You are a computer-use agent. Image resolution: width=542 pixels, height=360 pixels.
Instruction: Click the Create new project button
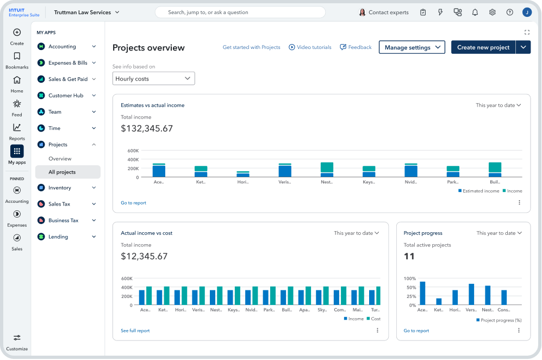tap(483, 47)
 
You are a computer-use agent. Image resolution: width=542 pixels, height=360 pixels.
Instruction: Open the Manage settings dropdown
tap(412, 47)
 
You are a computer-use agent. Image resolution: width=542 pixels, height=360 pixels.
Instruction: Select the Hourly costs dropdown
tap(153, 79)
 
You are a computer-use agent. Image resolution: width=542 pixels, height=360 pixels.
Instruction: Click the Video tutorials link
tap(310, 47)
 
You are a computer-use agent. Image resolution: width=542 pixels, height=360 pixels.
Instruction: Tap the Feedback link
tap(356, 47)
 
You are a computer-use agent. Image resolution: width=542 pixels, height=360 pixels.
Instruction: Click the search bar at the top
tap(240, 12)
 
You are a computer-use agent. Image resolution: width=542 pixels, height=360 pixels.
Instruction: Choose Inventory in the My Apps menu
tap(60, 188)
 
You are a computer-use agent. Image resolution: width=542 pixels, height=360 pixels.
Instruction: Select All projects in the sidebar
tap(62, 172)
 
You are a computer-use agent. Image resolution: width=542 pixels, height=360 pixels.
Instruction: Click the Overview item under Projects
tap(60, 159)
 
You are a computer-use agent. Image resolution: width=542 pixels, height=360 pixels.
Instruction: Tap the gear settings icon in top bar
tap(492, 12)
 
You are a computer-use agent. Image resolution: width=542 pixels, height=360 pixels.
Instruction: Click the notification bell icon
tap(475, 12)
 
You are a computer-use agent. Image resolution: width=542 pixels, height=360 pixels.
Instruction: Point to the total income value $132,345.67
tap(147, 129)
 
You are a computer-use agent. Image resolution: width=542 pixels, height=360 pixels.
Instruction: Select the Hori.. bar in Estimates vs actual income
tap(243, 174)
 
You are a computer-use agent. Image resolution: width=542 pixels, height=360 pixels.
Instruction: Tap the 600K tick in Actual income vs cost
tap(127, 278)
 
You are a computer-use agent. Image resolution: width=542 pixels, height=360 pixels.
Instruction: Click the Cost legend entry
tap(373, 319)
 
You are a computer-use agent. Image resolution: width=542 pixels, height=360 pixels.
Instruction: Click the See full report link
tap(135, 331)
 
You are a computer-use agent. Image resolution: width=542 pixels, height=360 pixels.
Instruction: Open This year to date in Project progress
tap(499, 233)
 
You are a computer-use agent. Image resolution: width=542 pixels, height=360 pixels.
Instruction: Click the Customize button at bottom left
tap(17, 342)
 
